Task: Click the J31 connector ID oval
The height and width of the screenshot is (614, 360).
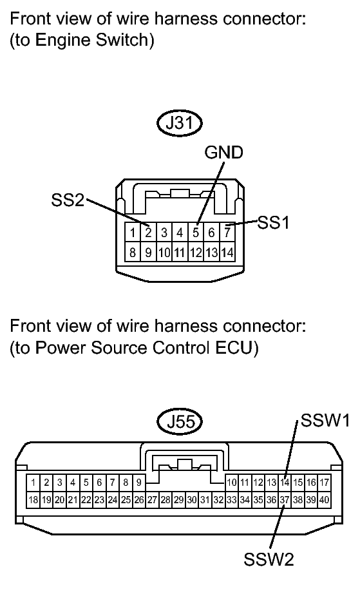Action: click(180, 123)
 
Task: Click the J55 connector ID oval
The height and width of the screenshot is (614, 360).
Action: click(180, 422)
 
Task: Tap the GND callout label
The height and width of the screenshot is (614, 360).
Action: click(223, 152)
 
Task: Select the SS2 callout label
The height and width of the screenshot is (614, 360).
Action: click(68, 201)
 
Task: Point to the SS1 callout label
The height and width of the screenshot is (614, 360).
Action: click(273, 223)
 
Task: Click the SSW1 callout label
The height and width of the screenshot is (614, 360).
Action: click(325, 421)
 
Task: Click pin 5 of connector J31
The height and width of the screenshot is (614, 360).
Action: click(196, 233)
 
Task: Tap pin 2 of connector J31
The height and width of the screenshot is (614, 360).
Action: click(148, 233)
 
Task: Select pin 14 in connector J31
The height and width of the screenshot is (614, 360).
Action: click(227, 252)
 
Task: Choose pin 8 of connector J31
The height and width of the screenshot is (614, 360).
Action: click(133, 252)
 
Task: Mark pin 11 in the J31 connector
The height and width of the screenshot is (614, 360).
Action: click(180, 252)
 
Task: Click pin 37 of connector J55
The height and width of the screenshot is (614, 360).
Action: click(285, 500)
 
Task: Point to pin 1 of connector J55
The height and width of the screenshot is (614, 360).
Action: click(33, 483)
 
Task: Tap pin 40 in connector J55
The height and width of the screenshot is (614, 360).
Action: click(324, 500)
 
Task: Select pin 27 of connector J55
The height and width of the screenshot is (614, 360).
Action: click(152, 500)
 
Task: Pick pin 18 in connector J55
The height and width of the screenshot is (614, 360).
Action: click(33, 500)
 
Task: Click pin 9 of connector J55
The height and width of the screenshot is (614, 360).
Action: click(139, 483)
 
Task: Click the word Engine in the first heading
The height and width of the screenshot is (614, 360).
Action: click(59, 41)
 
